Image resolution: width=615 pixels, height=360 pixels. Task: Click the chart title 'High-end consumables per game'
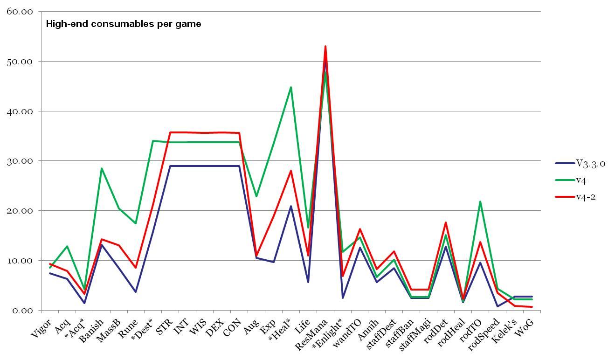124,24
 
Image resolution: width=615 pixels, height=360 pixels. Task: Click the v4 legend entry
581,180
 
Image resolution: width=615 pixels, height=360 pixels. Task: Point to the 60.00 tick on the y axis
20,12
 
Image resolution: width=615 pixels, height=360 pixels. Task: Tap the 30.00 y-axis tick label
20,161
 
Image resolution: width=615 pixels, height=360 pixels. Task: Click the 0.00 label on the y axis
22,311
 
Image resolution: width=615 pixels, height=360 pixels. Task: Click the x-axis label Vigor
41,329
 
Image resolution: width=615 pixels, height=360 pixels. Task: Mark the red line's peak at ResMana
325,46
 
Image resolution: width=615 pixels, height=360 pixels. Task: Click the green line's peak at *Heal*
291,87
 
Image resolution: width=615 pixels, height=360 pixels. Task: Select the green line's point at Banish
102,168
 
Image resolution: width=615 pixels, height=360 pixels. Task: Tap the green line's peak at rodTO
480,201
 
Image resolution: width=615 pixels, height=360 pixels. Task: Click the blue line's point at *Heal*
291,206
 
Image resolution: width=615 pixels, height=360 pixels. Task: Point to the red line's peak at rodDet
446,222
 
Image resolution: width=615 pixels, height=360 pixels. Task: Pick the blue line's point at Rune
136,292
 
